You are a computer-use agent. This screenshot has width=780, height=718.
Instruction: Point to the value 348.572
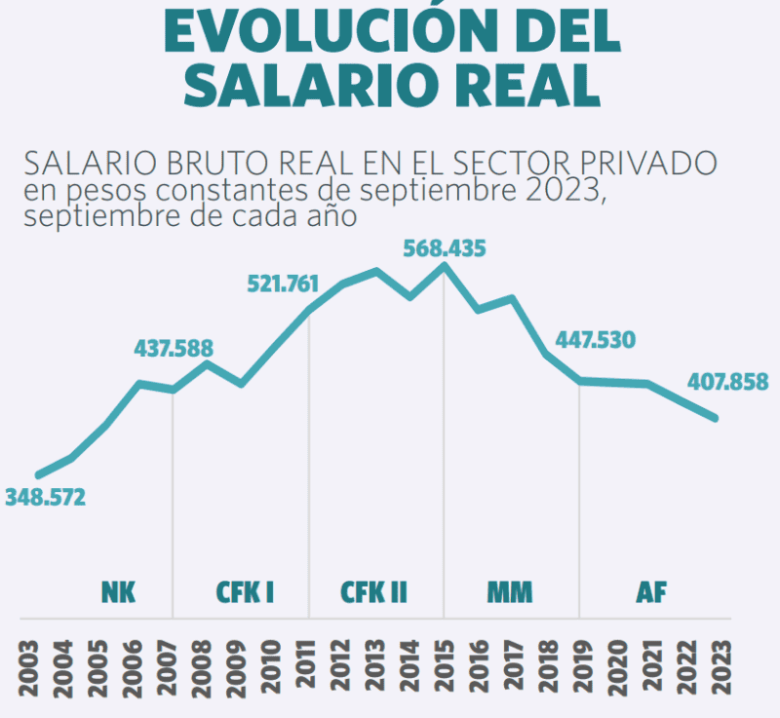[45, 498]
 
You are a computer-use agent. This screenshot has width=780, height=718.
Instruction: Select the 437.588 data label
[174, 348]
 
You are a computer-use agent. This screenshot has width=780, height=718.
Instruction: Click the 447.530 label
[595, 340]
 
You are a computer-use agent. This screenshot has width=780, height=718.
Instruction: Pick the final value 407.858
[727, 382]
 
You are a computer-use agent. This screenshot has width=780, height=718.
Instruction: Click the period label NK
[118, 592]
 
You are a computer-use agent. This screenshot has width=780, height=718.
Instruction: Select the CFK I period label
[244, 592]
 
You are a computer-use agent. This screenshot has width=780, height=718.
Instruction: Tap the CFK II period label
[373, 592]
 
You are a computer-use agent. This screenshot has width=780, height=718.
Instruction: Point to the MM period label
[510, 592]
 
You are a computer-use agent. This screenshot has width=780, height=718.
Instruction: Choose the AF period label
[650, 592]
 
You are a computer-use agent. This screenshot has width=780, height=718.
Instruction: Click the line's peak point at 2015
[444, 266]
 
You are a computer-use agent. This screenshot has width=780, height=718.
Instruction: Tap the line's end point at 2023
[715, 418]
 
